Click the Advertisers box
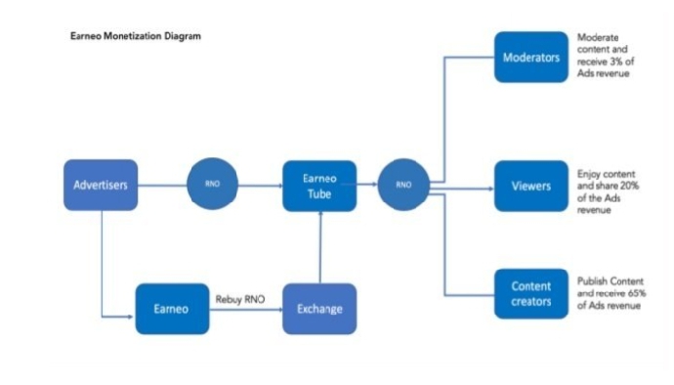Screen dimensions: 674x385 (101, 185)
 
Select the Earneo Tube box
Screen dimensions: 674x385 (319, 186)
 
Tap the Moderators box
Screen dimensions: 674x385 (531, 57)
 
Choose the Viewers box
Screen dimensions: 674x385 (531, 186)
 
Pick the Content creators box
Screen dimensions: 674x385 (531, 294)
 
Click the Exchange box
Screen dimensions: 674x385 (319, 309)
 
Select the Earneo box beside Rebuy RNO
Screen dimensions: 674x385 (172, 309)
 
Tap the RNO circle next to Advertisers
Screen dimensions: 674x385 (212, 184)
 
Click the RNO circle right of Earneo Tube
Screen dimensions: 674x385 (403, 185)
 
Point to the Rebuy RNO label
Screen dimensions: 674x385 (240, 299)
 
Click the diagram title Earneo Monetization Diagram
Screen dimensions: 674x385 (136, 36)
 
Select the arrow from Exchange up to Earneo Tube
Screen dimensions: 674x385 (319, 247)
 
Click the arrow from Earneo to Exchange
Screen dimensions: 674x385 (246, 310)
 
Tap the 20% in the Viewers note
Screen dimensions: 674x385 (630, 186)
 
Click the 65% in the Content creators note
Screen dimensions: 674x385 (637, 293)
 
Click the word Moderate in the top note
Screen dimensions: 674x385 (598, 37)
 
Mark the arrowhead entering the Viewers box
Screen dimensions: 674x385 (491, 189)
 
